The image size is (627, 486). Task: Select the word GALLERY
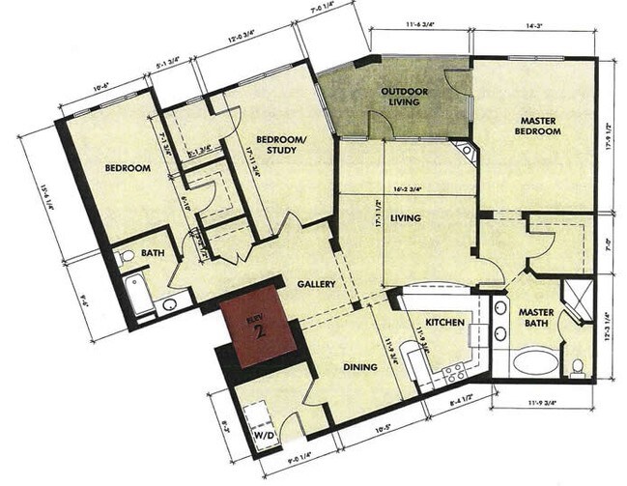point(316,284)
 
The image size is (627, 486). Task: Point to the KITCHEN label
point(443,322)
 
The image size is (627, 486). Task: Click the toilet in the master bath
point(579,365)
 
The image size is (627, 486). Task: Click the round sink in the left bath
point(169,304)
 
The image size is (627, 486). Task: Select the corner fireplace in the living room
point(468,153)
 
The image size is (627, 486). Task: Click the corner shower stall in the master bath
point(578,295)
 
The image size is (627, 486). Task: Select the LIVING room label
point(407,219)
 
